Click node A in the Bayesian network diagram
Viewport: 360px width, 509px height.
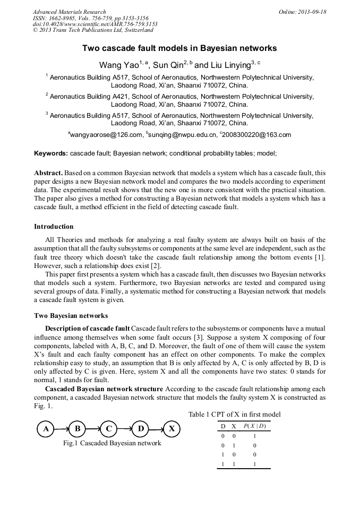click(46, 428)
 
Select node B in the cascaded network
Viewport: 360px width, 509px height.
click(78, 428)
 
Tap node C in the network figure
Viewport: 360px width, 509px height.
click(109, 428)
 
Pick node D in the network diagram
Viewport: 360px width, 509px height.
click(140, 428)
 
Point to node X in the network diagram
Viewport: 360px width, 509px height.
click(172, 428)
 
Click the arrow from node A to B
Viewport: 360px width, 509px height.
click(62, 428)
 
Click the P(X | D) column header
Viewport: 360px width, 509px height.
click(254, 426)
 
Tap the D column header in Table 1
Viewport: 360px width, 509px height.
click(223, 426)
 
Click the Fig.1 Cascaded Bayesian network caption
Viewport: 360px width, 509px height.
click(112, 443)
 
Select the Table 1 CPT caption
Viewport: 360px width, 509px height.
click(234, 414)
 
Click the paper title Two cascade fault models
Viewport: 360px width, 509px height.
click(179, 48)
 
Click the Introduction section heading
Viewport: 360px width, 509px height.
click(54, 227)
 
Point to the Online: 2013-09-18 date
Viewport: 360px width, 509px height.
click(302, 12)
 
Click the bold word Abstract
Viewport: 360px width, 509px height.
click(49, 173)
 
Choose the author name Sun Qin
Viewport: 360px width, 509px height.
click(169, 65)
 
